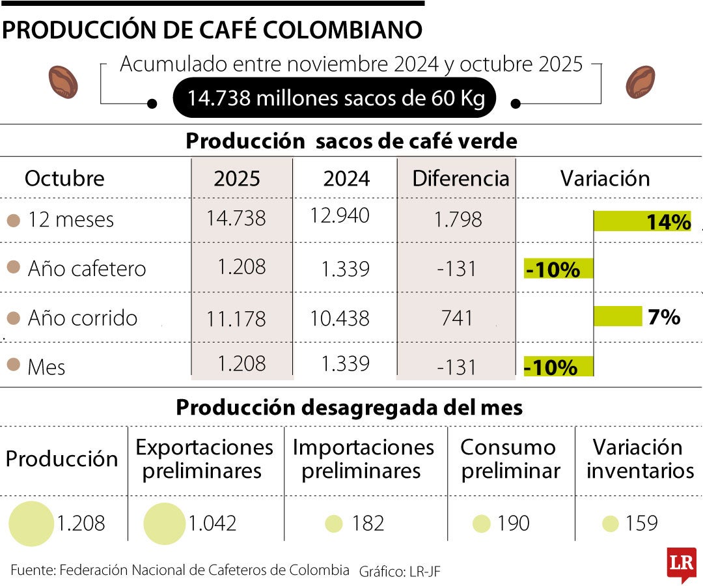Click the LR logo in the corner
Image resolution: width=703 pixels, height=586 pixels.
point(682,564)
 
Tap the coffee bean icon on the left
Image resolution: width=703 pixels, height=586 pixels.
point(63,81)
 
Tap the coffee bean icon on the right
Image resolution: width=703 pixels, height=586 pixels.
point(640,81)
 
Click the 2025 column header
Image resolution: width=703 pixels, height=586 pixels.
point(236,178)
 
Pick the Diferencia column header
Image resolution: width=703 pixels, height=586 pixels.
point(460,178)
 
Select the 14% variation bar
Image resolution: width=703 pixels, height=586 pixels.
point(642,221)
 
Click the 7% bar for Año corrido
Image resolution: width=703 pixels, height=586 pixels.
point(618,316)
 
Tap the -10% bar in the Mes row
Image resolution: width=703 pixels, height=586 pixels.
point(558,367)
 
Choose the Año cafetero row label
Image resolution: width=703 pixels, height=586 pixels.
point(87,268)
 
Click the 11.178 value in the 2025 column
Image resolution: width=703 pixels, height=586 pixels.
point(236,318)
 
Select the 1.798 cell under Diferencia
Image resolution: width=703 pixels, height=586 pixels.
point(458,219)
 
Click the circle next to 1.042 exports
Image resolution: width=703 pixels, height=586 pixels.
point(164,523)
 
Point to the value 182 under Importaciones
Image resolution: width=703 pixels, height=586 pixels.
point(368,523)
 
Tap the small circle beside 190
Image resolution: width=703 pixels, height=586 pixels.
point(482,523)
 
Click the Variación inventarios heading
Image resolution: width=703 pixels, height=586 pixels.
point(640,459)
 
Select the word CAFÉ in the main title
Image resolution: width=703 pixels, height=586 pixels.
point(201,30)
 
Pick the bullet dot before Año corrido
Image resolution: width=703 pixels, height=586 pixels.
point(13,318)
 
